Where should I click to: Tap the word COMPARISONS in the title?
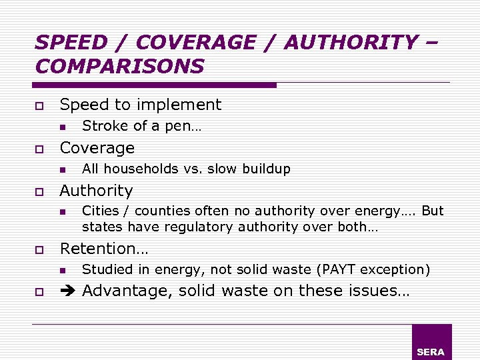(x=120, y=67)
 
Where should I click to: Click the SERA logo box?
(x=431, y=342)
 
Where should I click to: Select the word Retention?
(x=100, y=249)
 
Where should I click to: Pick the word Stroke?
(x=102, y=126)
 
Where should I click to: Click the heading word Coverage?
(x=97, y=148)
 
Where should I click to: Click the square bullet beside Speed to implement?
(x=39, y=106)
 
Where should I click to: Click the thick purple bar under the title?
(x=154, y=85)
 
